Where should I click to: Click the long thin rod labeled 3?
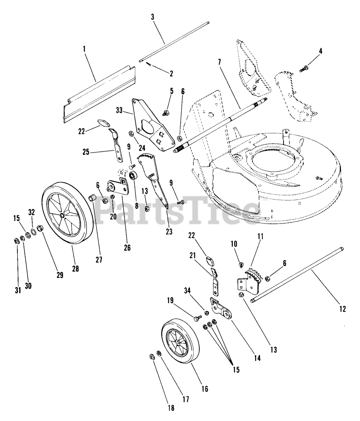click(174, 41)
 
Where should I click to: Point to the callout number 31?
click(18, 290)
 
